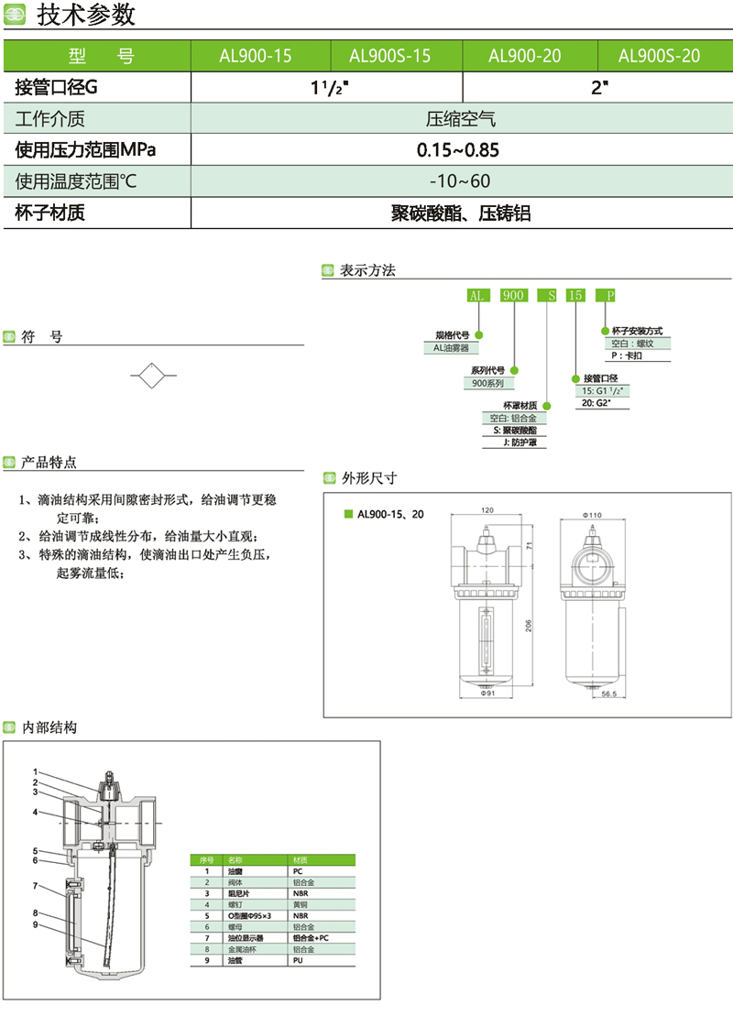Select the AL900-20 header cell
coord(525,56)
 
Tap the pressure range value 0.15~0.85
coord(458,149)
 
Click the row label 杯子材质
coord(50,213)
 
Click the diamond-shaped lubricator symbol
coord(153,376)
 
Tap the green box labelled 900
coord(514,295)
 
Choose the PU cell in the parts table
coord(297,963)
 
